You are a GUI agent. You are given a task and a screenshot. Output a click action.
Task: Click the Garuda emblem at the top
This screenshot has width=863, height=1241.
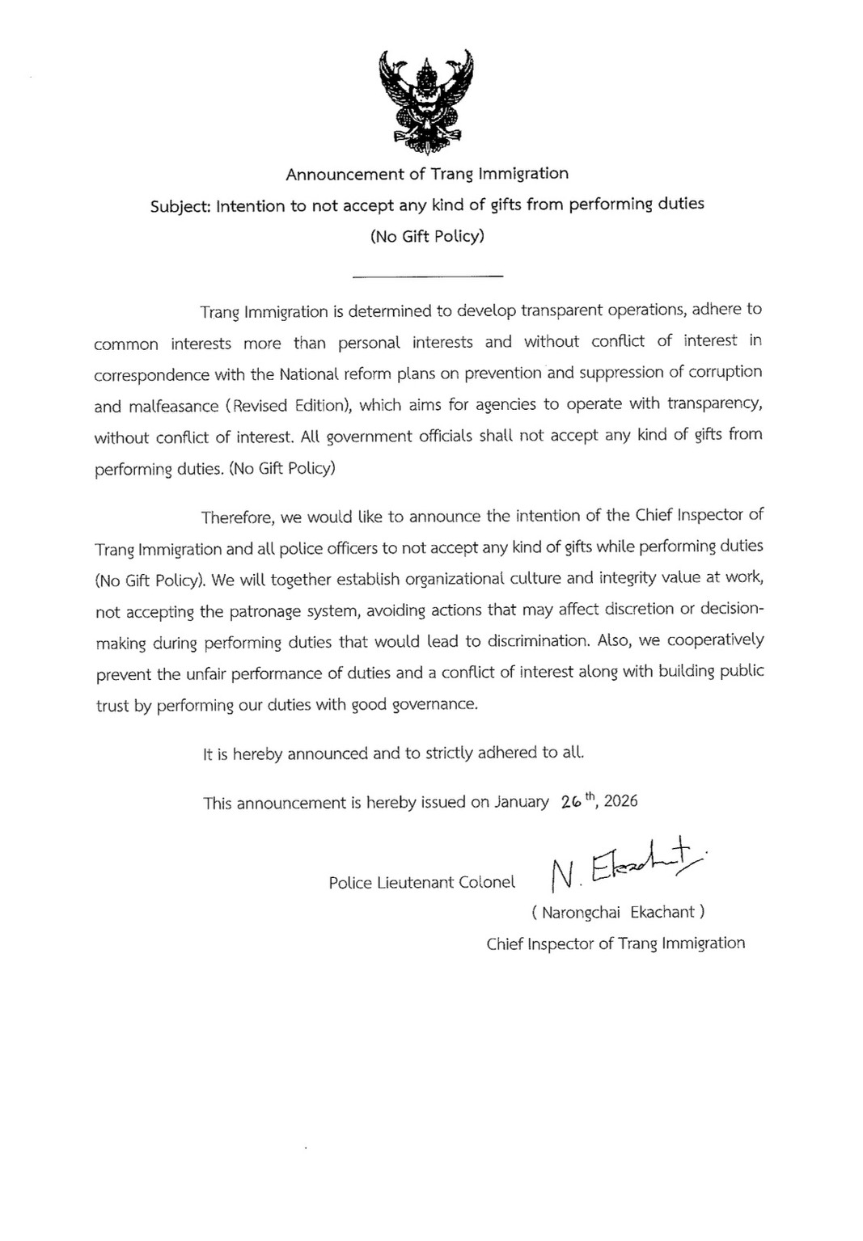(426, 101)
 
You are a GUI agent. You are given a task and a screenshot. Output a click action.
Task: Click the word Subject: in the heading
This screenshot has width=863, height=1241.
(180, 206)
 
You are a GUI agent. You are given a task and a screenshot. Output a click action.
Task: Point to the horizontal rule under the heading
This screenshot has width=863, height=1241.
(428, 276)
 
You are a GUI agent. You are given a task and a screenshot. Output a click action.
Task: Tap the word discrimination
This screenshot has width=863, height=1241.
(532, 641)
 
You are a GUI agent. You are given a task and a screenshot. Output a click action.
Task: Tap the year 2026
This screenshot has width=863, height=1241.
(620, 801)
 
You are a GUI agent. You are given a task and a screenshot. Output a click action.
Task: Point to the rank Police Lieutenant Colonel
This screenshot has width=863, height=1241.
(421, 883)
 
